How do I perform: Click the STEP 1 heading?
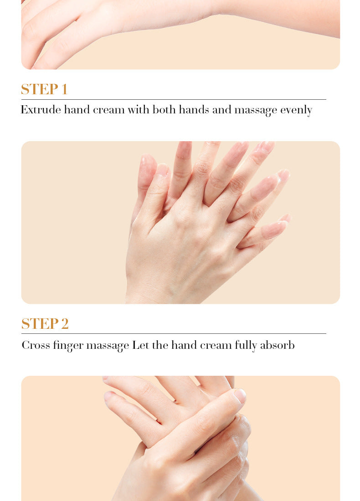(44, 89)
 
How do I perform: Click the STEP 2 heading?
(45, 324)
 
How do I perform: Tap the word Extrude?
(41, 110)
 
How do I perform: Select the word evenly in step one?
(296, 111)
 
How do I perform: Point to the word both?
(164, 110)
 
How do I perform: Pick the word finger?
(68, 346)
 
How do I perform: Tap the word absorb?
(277, 345)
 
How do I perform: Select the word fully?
(246, 346)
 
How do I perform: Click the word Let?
(140, 345)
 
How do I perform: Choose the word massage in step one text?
(256, 111)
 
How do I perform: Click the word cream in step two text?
(216, 346)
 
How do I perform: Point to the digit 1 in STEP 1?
(64, 89)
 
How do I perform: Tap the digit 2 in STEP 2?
(65, 324)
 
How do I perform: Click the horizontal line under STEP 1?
(174, 100)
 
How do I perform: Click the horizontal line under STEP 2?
(174, 333)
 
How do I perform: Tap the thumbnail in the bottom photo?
(240, 395)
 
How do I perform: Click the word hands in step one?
(194, 110)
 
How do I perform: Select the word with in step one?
(139, 110)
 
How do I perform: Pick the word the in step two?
(160, 345)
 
